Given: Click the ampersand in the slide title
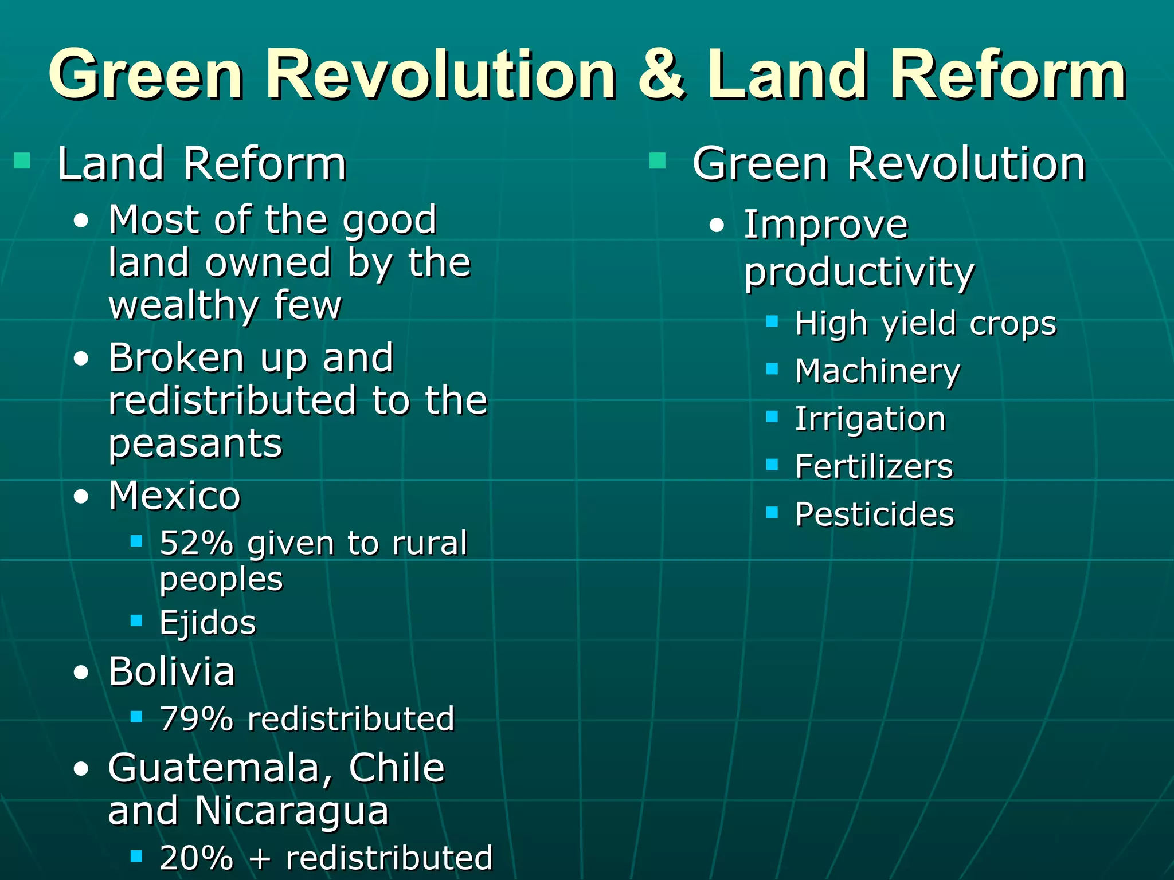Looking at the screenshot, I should (661, 74).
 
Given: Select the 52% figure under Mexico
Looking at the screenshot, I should (197, 543).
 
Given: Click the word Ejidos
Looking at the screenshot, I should (208, 623).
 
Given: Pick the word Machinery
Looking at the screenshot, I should (877, 371).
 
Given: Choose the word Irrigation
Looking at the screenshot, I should (870, 419).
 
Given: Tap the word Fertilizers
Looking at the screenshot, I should (874, 466).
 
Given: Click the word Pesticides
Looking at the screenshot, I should (875, 514).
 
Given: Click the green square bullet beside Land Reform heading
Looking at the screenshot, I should (22, 161).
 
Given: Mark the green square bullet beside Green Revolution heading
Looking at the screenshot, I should (658, 161).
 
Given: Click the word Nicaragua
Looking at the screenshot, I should (291, 811).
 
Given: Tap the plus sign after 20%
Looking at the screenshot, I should (260, 858).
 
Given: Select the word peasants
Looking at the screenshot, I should (195, 444).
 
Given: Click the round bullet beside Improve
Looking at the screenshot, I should (717, 226).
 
